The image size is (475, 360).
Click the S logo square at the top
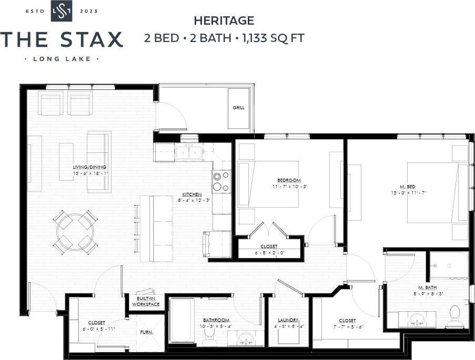[x=62, y=12]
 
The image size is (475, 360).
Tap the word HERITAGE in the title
[x=224, y=21]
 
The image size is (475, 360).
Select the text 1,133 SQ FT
[x=273, y=38]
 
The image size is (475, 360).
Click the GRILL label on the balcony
[x=238, y=108]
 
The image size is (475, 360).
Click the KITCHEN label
[x=192, y=194]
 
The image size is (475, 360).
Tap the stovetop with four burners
[x=221, y=181]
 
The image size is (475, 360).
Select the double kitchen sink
[x=189, y=152]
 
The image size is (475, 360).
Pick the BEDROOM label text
[x=289, y=180]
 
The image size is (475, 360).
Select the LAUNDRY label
[x=288, y=320]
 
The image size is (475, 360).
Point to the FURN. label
[x=146, y=332]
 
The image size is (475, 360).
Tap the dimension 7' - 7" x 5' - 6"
[x=348, y=327]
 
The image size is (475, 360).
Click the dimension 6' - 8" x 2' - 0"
[x=269, y=252]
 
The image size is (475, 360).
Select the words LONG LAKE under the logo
[x=62, y=59]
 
